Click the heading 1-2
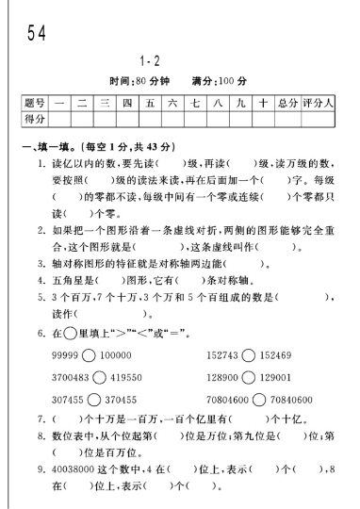point(178,58)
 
